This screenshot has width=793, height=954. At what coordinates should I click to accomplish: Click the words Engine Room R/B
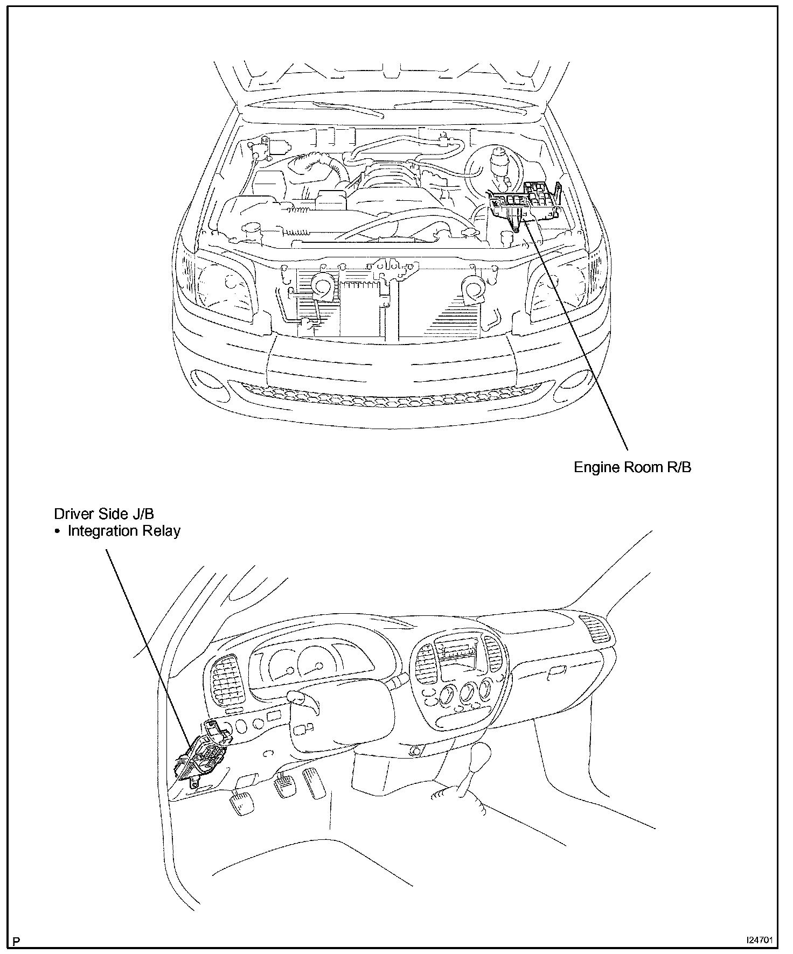[x=632, y=467]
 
